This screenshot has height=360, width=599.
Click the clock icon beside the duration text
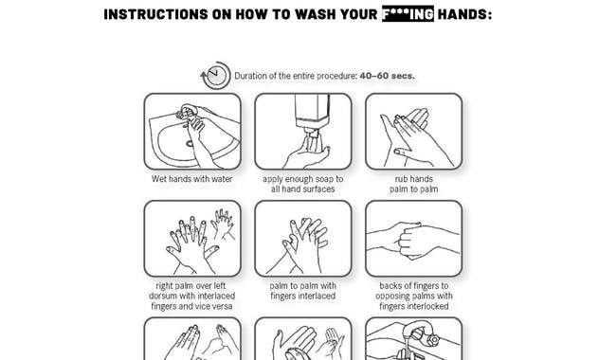coord(215,76)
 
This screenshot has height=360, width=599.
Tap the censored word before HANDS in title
coord(407,14)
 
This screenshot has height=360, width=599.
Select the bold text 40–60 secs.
coord(387,76)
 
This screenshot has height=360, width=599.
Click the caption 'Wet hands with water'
coord(191,178)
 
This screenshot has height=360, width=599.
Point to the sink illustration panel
coord(191,131)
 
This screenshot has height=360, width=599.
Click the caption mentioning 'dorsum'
coord(191,296)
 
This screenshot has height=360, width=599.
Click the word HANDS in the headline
coord(464,14)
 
